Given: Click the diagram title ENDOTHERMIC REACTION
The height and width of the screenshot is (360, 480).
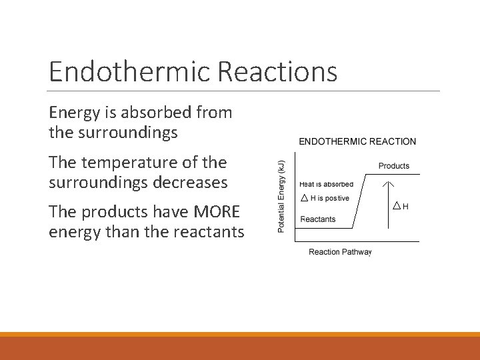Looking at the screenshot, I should tap(357, 141).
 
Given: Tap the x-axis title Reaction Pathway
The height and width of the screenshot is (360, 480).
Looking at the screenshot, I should tap(340, 252).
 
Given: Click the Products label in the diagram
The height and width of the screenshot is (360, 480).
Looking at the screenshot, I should tap(394, 166).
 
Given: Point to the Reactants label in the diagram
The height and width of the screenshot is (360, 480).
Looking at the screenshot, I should tap(318, 219).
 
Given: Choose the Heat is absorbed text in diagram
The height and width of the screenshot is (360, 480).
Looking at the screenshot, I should tap(327, 185).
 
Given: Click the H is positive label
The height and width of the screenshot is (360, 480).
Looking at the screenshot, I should tap(329, 199).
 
